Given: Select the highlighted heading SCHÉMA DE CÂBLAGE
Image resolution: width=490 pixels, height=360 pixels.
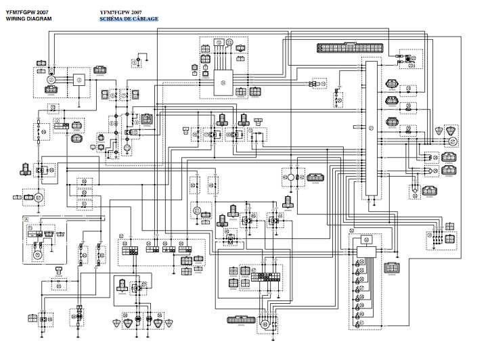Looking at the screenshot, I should point(129,19).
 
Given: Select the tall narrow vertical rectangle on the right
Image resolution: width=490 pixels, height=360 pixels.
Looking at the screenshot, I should point(370,129).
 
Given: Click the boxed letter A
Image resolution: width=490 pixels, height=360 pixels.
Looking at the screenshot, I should point(26,220).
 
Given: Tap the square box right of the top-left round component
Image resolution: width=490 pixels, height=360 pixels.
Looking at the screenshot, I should point(79,80).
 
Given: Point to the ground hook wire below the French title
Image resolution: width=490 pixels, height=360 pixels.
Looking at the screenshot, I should point(141,61).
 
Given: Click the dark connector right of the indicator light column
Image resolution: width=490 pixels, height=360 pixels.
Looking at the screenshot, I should point(391,269).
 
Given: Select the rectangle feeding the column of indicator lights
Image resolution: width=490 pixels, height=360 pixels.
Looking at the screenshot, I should point(365,252).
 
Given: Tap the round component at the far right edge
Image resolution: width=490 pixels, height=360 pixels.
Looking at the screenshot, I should point(453,141).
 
